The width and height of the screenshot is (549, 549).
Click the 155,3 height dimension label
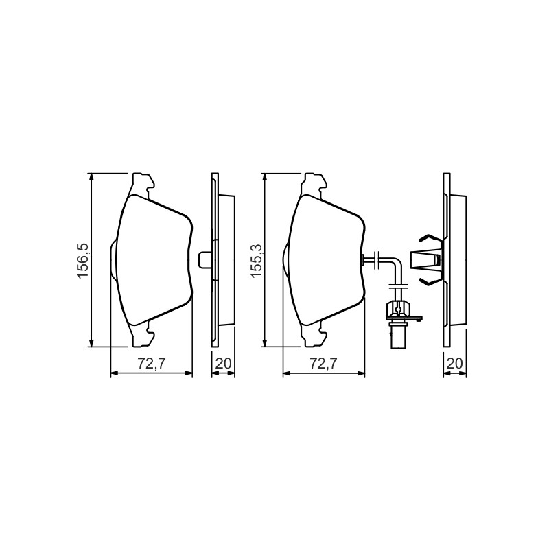pyautogui.click(x=257, y=261)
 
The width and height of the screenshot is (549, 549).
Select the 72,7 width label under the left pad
pyautogui.click(x=151, y=364)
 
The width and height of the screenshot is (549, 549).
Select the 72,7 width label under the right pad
pyautogui.click(x=324, y=364)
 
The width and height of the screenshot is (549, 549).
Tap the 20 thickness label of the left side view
pyautogui.click(x=224, y=364)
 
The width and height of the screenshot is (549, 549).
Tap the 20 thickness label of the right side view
pyautogui.click(x=455, y=364)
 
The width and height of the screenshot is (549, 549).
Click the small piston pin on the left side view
pyautogui.click(x=205, y=260)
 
